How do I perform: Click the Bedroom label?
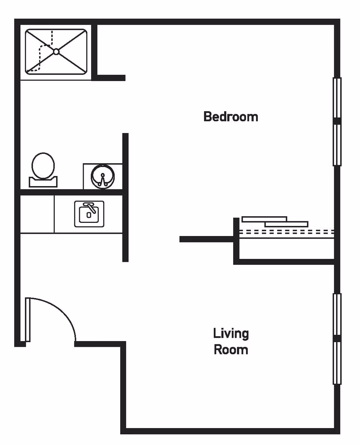coord(231,117)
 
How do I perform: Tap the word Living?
coord(231,333)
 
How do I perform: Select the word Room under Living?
coord(231,350)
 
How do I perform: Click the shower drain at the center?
coord(56,52)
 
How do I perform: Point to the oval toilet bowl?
coord(43,165)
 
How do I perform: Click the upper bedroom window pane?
coord(337,98)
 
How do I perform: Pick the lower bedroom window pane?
coord(337,145)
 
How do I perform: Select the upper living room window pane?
coord(337,314)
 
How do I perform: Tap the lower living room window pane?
coord(337,363)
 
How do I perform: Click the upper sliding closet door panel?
coord(264,219)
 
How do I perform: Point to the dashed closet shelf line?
coord(287,232)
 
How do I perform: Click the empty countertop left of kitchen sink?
coord(37,214)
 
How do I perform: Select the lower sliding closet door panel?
coord(286,224)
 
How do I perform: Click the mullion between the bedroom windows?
coord(337,121)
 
